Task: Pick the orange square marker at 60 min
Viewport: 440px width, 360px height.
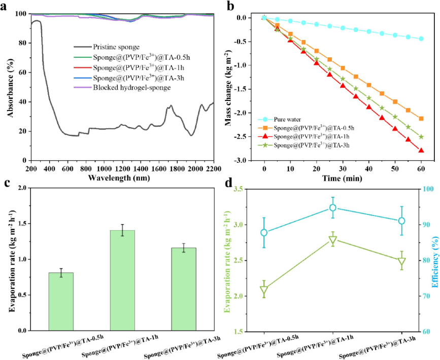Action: pyautogui.click(x=421, y=119)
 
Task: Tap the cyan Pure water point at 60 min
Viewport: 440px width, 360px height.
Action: pyautogui.click(x=421, y=39)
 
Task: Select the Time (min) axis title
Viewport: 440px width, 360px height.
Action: pyautogui.click(x=342, y=178)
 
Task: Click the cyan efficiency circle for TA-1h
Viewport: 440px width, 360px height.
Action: pyautogui.click(x=333, y=208)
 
